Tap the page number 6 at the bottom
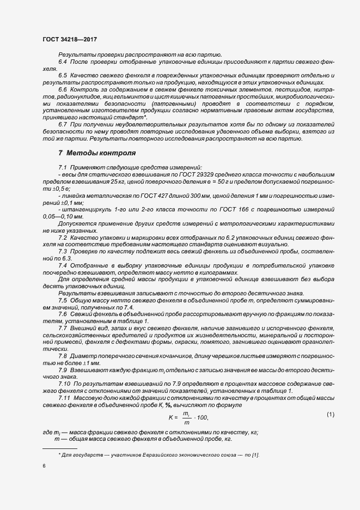44,466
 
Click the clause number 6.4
63,62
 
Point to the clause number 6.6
63,89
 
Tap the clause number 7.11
64,398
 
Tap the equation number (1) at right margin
330,415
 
